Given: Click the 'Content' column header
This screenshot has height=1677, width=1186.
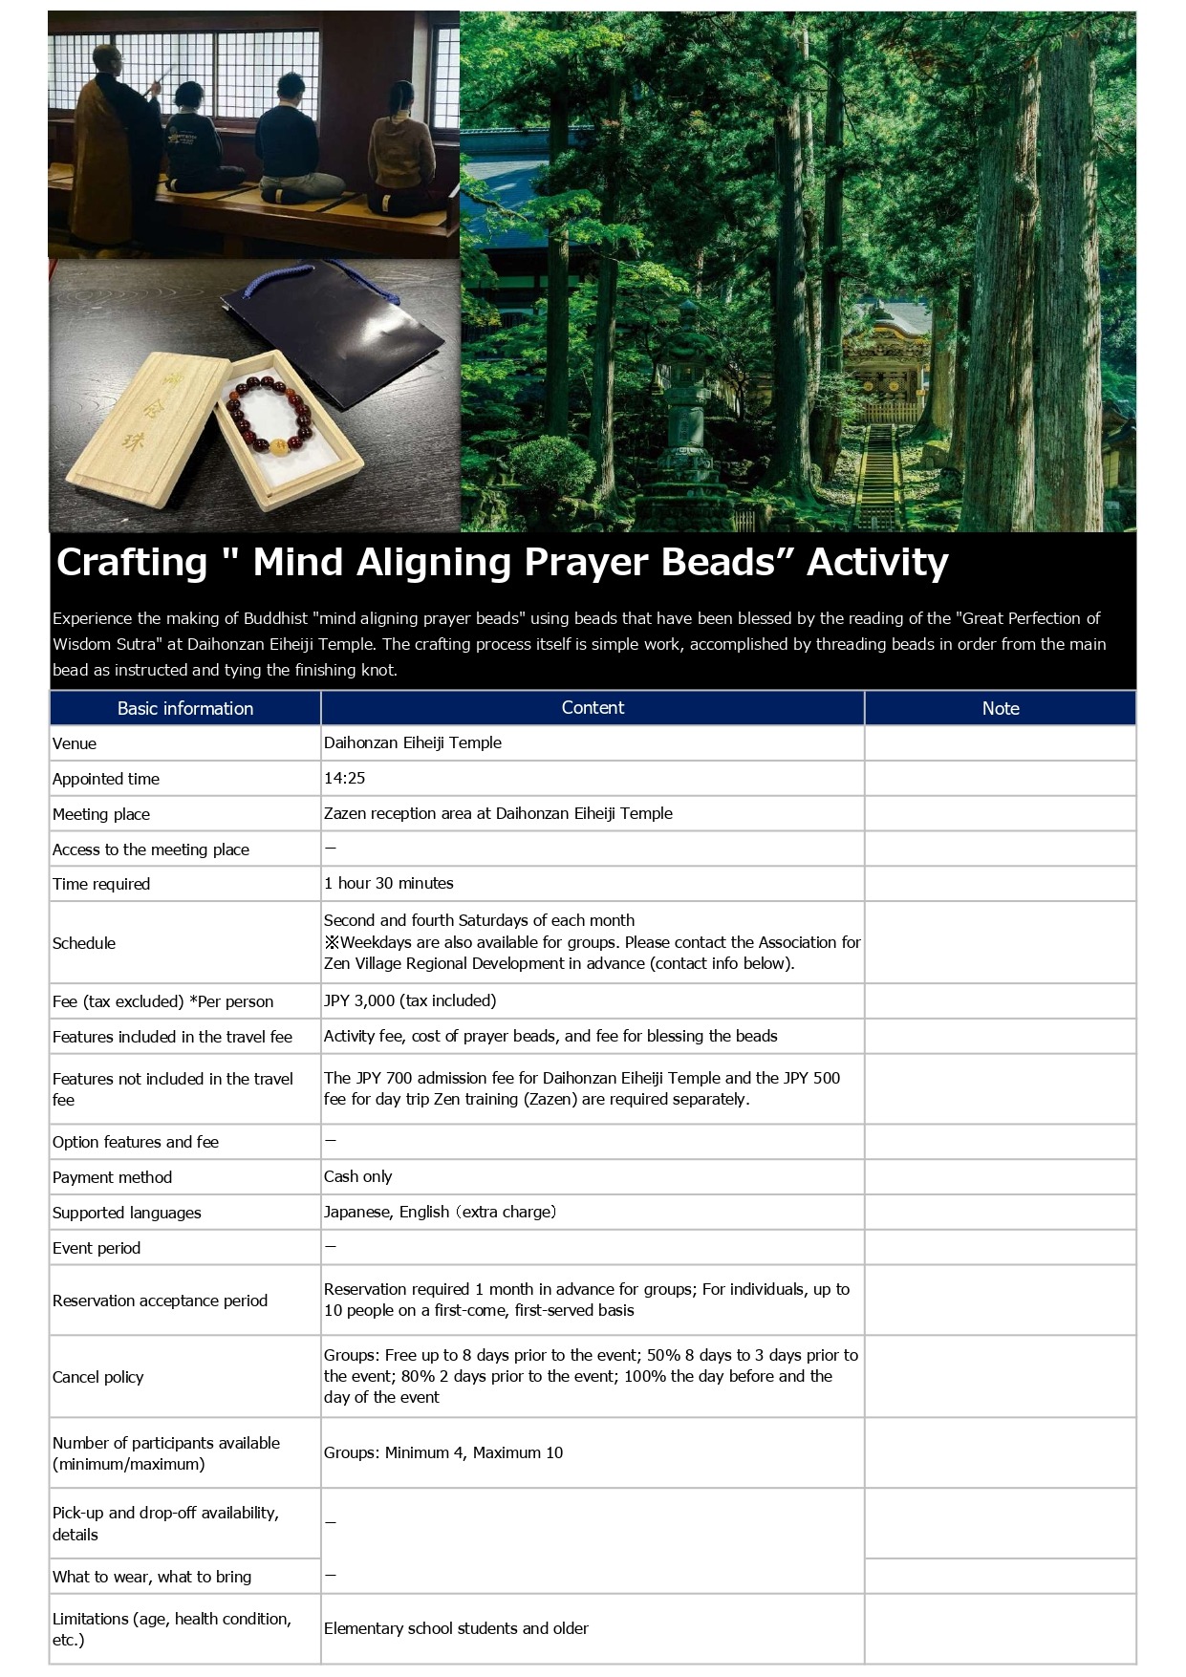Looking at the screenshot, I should (x=593, y=708).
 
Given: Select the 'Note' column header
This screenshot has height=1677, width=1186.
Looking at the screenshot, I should (x=1000, y=708).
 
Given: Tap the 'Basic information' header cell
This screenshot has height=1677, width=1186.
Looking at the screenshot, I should (x=184, y=708).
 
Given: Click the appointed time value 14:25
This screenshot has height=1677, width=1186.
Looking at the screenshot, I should (x=345, y=778).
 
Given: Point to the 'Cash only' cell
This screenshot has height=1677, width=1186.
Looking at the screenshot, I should (x=358, y=1176).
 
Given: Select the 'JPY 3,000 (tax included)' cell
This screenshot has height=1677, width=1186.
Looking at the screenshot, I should (x=410, y=1000).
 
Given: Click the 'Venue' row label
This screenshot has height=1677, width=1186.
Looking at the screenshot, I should (x=75, y=743).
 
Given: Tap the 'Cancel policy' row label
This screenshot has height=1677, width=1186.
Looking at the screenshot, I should (x=97, y=1377).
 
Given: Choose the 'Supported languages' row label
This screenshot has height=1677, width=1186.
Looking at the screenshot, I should (x=127, y=1213).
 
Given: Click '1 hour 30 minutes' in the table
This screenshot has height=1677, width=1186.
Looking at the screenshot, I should (x=389, y=883).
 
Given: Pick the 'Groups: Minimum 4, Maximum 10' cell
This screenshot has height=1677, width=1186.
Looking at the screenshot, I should (x=443, y=1452).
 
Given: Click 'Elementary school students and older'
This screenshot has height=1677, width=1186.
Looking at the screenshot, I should (x=456, y=1628).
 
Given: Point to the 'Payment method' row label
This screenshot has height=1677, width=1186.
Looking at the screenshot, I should (x=112, y=1177).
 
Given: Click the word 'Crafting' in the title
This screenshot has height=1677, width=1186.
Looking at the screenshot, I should (x=131, y=562).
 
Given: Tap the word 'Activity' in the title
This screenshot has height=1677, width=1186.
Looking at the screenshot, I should (x=876, y=562).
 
